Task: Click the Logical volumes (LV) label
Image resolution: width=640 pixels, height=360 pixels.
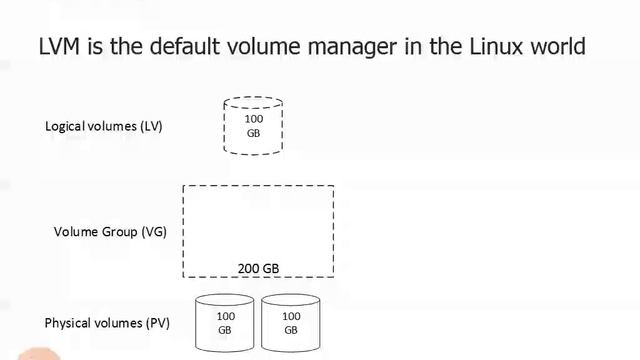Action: [103, 127]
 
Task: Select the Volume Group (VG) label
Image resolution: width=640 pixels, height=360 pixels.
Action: [110, 232]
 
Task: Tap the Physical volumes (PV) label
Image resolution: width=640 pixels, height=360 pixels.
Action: [107, 323]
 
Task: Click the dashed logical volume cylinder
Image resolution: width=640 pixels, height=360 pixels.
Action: [253, 126]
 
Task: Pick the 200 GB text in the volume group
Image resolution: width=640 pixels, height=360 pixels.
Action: [258, 268]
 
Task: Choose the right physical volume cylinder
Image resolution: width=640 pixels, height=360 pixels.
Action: [290, 322]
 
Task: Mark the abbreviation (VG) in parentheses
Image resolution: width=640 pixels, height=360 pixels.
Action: [154, 232]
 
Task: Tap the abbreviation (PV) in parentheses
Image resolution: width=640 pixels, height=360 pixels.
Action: [158, 323]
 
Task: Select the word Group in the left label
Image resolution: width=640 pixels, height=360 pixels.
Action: [121, 232]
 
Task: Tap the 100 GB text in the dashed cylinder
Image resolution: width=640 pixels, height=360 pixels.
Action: [253, 126]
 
